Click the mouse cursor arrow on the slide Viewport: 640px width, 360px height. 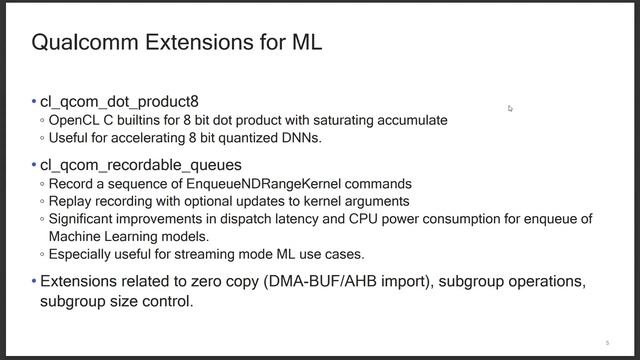(510, 108)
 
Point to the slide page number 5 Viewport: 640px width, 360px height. (607, 341)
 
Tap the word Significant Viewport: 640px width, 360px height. (84, 219)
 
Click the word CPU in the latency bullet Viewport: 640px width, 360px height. (390, 219)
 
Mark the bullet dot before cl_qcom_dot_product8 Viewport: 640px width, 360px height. (34, 103)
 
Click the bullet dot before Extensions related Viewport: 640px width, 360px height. (34, 281)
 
